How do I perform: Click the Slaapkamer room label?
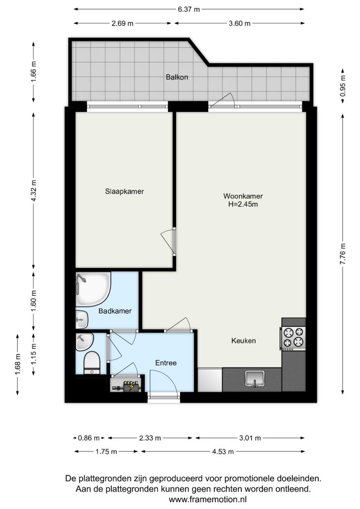(124, 191)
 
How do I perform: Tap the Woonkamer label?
(243, 196)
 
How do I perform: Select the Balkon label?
(177, 77)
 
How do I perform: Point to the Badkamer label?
(115, 311)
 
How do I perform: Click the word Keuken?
(244, 340)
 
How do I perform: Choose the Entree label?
(166, 363)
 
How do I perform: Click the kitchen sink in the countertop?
(255, 379)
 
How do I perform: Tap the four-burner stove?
(293, 338)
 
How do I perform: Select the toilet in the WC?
(92, 363)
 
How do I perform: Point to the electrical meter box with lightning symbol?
(127, 386)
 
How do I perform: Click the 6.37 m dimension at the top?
(188, 9)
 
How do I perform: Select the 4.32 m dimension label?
(34, 190)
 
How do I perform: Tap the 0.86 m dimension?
(89, 438)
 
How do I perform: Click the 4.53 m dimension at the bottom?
(222, 451)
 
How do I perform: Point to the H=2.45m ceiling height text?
(243, 204)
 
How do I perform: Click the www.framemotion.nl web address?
(208, 499)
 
